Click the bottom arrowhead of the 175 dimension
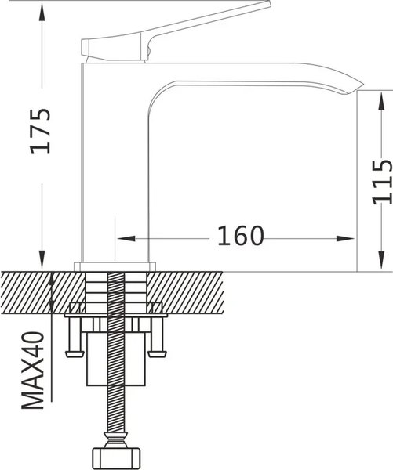pos(40,263)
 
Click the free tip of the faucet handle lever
pos(267,5)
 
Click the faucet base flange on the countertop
pos(117,266)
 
